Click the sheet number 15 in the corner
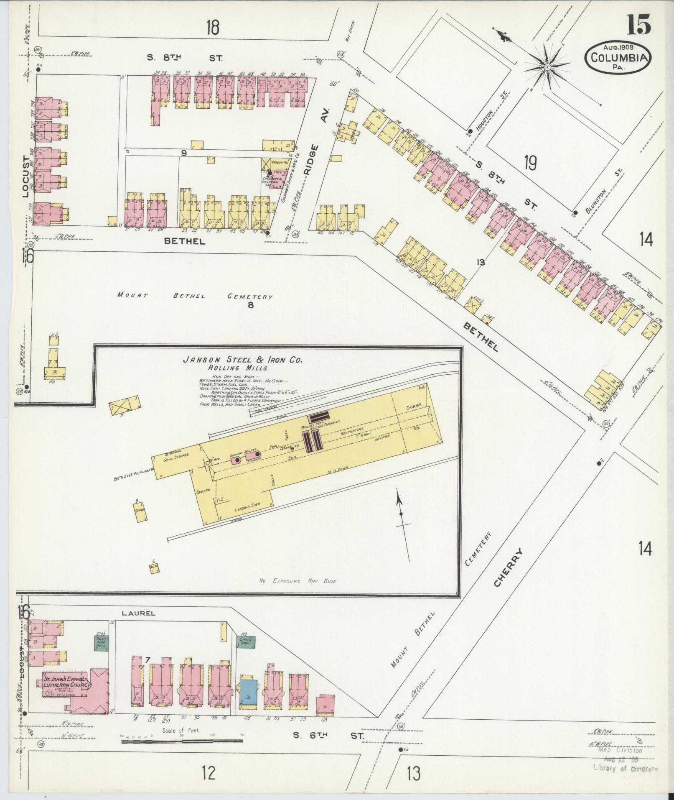click(638, 25)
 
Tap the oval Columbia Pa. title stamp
click(618, 59)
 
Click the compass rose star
click(547, 67)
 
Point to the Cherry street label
click(508, 567)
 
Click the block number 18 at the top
click(212, 28)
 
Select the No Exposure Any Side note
click(297, 581)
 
